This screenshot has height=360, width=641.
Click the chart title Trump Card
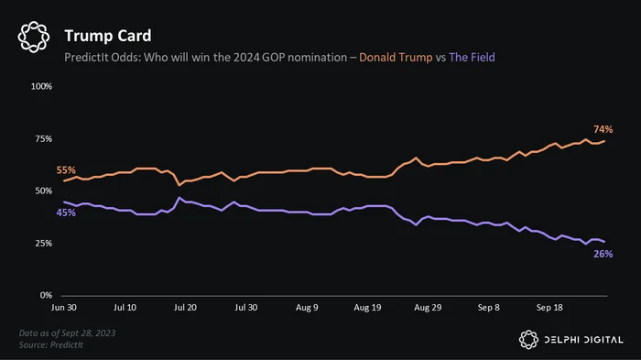[x=108, y=36]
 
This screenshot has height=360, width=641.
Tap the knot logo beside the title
[x=34, y=37]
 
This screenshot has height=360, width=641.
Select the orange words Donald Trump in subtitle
[x=396, y=58]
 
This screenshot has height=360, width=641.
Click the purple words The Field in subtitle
[x=472, y=58]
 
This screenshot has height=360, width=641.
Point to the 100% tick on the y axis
[x=42, y=86]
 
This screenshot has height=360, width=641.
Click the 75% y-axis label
[x=44, y=138]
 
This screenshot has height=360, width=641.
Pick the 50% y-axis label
[x=44, y=191]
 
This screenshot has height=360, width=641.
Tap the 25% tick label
[x=44, y=243]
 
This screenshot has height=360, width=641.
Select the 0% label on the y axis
[x=46, y=295]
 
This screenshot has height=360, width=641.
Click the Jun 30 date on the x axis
[x=64, y=308]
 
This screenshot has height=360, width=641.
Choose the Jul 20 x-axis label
[x=185, y=308]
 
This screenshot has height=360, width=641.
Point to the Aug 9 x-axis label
[x=307, y=308]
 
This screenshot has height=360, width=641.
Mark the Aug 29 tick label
[x=428, y=308]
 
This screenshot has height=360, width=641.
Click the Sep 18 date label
[x=549, y=308]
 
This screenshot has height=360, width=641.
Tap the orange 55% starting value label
[x=66, y=169]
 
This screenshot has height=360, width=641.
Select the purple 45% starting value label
[x=66, y=213]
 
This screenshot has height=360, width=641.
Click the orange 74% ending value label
[x=603, y=129]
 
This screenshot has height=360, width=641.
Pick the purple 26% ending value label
[x=603, y=254]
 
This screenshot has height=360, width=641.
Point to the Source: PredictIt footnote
[x=51, y=344]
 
